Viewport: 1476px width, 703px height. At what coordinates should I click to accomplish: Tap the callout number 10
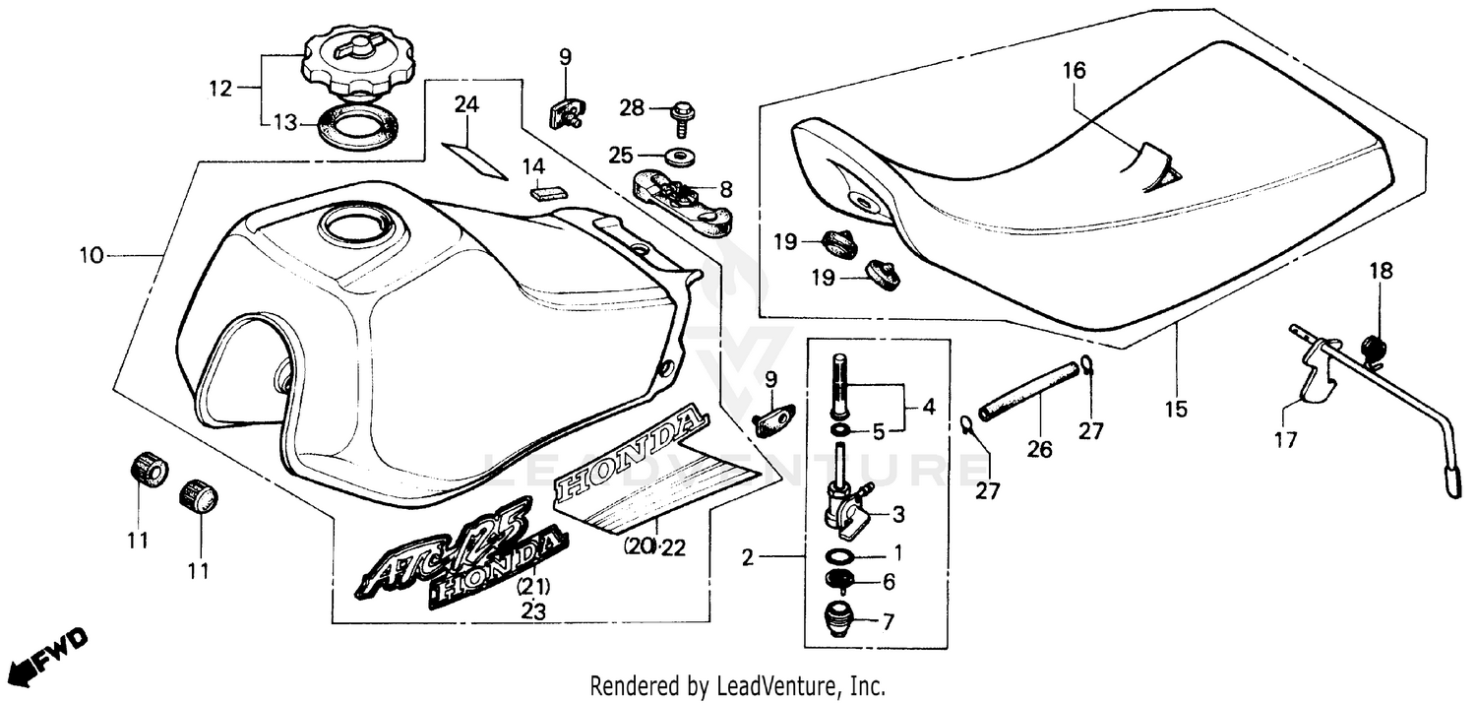coord(92,256)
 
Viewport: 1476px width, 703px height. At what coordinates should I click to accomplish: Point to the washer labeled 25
coord(676,155)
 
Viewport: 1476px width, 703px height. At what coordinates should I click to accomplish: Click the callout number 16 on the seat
coord(1074,71)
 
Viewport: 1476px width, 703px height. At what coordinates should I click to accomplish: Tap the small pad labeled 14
coord(543,191)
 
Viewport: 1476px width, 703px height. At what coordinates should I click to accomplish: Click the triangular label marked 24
coord(473,158)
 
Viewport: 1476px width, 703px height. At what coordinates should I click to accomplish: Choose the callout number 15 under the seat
coord(1177,407)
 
